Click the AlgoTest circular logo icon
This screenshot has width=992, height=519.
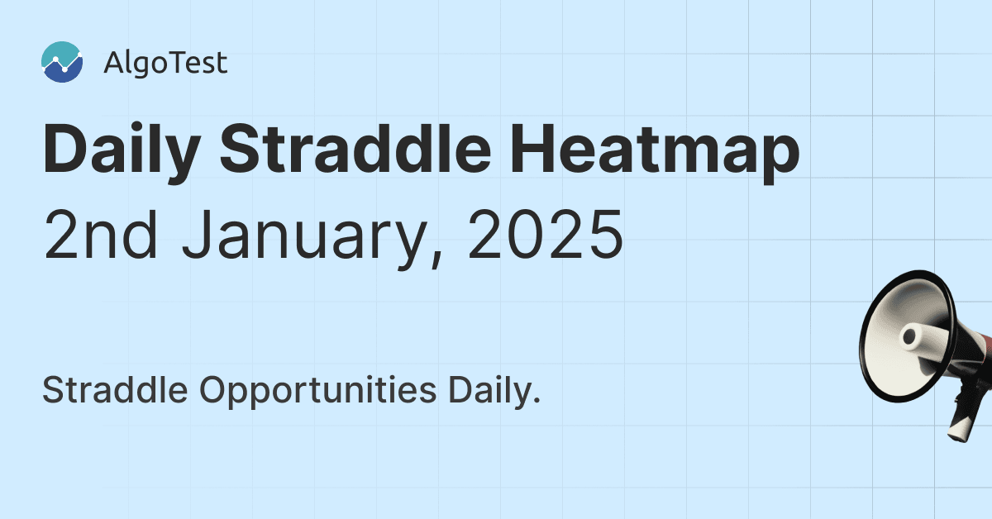(62, 63)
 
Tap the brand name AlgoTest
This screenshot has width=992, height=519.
(165, 64)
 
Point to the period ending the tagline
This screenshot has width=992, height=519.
(537, 401)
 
